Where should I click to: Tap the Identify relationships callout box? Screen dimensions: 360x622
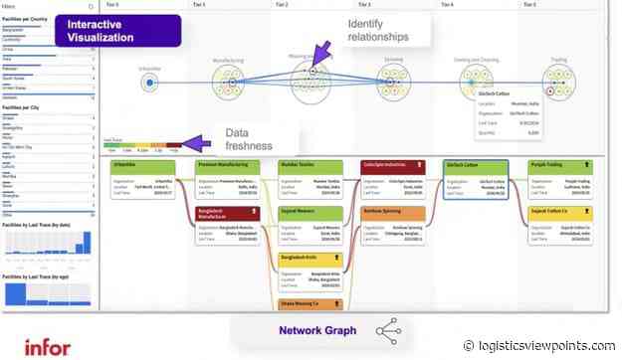pos(375,30)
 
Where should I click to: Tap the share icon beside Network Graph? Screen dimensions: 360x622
pos(387,331)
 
